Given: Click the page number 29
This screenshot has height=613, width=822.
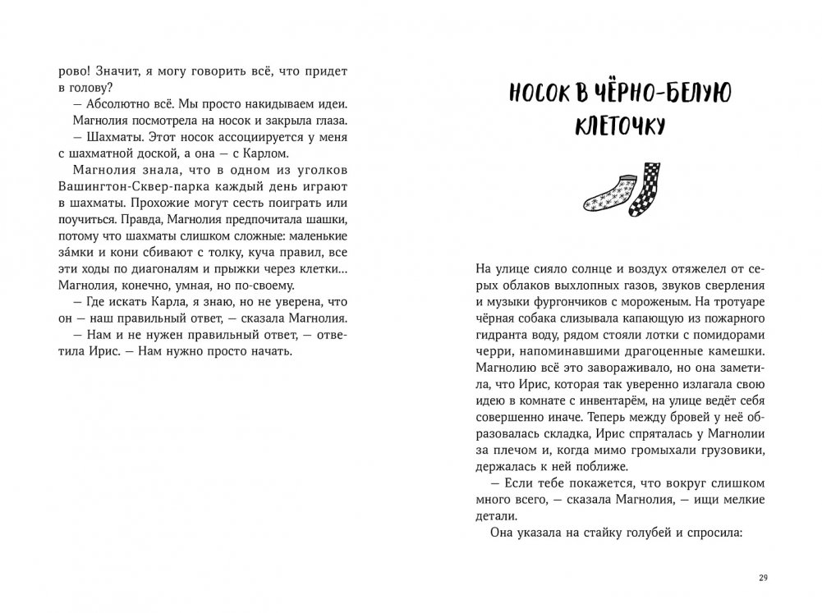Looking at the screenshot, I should [x=762, y=579].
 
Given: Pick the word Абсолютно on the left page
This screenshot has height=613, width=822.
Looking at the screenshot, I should [x=112, y=106].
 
